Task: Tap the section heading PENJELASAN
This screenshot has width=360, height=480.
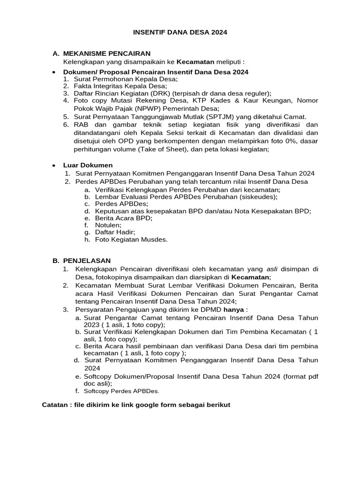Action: [x=87, y=260]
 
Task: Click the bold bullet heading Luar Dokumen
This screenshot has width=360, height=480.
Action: [x=88, y=165]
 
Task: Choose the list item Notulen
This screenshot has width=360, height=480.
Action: [x=108, y=225]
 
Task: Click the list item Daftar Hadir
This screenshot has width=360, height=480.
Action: [x=115, y=232]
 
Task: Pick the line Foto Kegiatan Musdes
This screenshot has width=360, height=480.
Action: [x=131, y=239]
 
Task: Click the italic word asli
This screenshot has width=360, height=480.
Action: [x=272, y=269]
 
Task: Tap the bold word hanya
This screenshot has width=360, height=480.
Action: [x=233, y=309]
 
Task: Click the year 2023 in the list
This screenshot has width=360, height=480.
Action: [x=91, y=324]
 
